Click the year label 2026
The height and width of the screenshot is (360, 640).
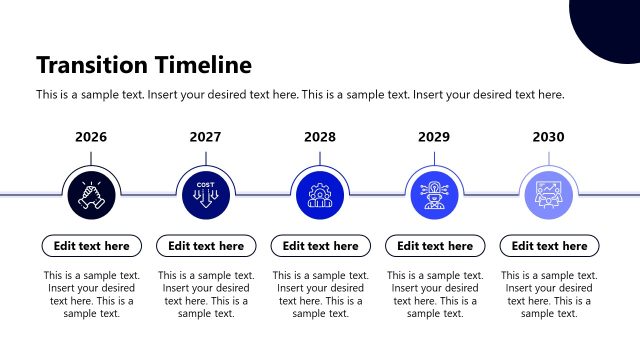pos(91,137)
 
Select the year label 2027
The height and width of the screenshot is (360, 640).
pos(205,137)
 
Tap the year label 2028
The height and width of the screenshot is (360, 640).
pos(320,137)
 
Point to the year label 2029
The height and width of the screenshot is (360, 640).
pos(434,137)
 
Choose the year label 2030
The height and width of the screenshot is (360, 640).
pos(548,137)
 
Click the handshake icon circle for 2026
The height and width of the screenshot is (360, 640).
pos(91,193)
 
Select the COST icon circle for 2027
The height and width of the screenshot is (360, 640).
pos(205,193)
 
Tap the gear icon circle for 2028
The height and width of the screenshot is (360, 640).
pos(320,193)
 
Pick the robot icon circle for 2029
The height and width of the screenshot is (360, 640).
pos(434,193)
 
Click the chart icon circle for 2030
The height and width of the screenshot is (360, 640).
pos(548,193)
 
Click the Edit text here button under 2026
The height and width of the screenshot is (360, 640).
pos(91,246)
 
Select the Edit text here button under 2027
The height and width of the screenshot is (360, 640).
pos(205,246)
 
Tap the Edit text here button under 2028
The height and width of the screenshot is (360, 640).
pos(320,246)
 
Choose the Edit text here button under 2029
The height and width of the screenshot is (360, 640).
pos(434,246)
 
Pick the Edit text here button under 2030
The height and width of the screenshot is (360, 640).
pos(548,246)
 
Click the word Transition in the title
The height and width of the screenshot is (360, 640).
pos(93,66)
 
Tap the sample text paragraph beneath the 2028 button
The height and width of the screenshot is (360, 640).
pos(320,294)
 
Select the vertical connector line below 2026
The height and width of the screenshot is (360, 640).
pos(91,158)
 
